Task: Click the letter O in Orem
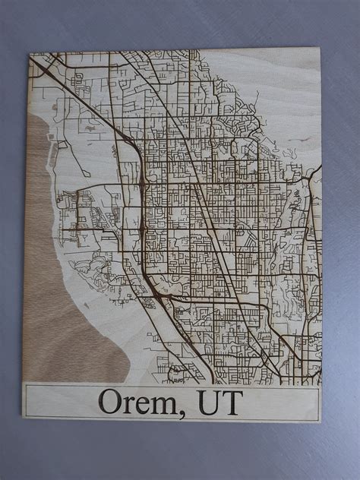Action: tap(112, 400)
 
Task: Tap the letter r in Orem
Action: tap(131, 403)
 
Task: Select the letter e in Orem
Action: tap(145, 403)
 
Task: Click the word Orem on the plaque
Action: tap(141, 401)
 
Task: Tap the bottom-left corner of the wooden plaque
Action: tap(24, 420)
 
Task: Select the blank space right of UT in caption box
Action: tap(281, 401)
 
